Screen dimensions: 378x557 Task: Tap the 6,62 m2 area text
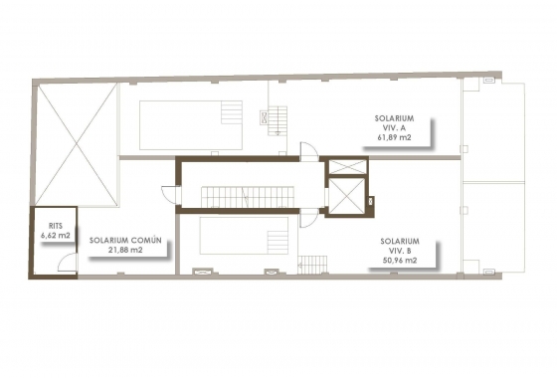click(56, 237)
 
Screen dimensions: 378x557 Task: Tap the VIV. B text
click(399, 250)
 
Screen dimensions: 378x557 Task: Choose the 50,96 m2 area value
click(399, 261)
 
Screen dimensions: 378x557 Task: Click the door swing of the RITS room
click(66, 265)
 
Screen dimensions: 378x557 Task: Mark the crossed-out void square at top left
click(76, 143)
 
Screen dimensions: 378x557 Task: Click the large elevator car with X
click(343, 197)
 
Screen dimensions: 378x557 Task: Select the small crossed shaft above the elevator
click(343, 168)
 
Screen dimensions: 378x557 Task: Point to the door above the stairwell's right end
click(310, 152)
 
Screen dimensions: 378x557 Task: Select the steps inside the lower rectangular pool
click(278, 240)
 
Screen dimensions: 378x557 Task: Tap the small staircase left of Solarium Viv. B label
click(312, 265)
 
